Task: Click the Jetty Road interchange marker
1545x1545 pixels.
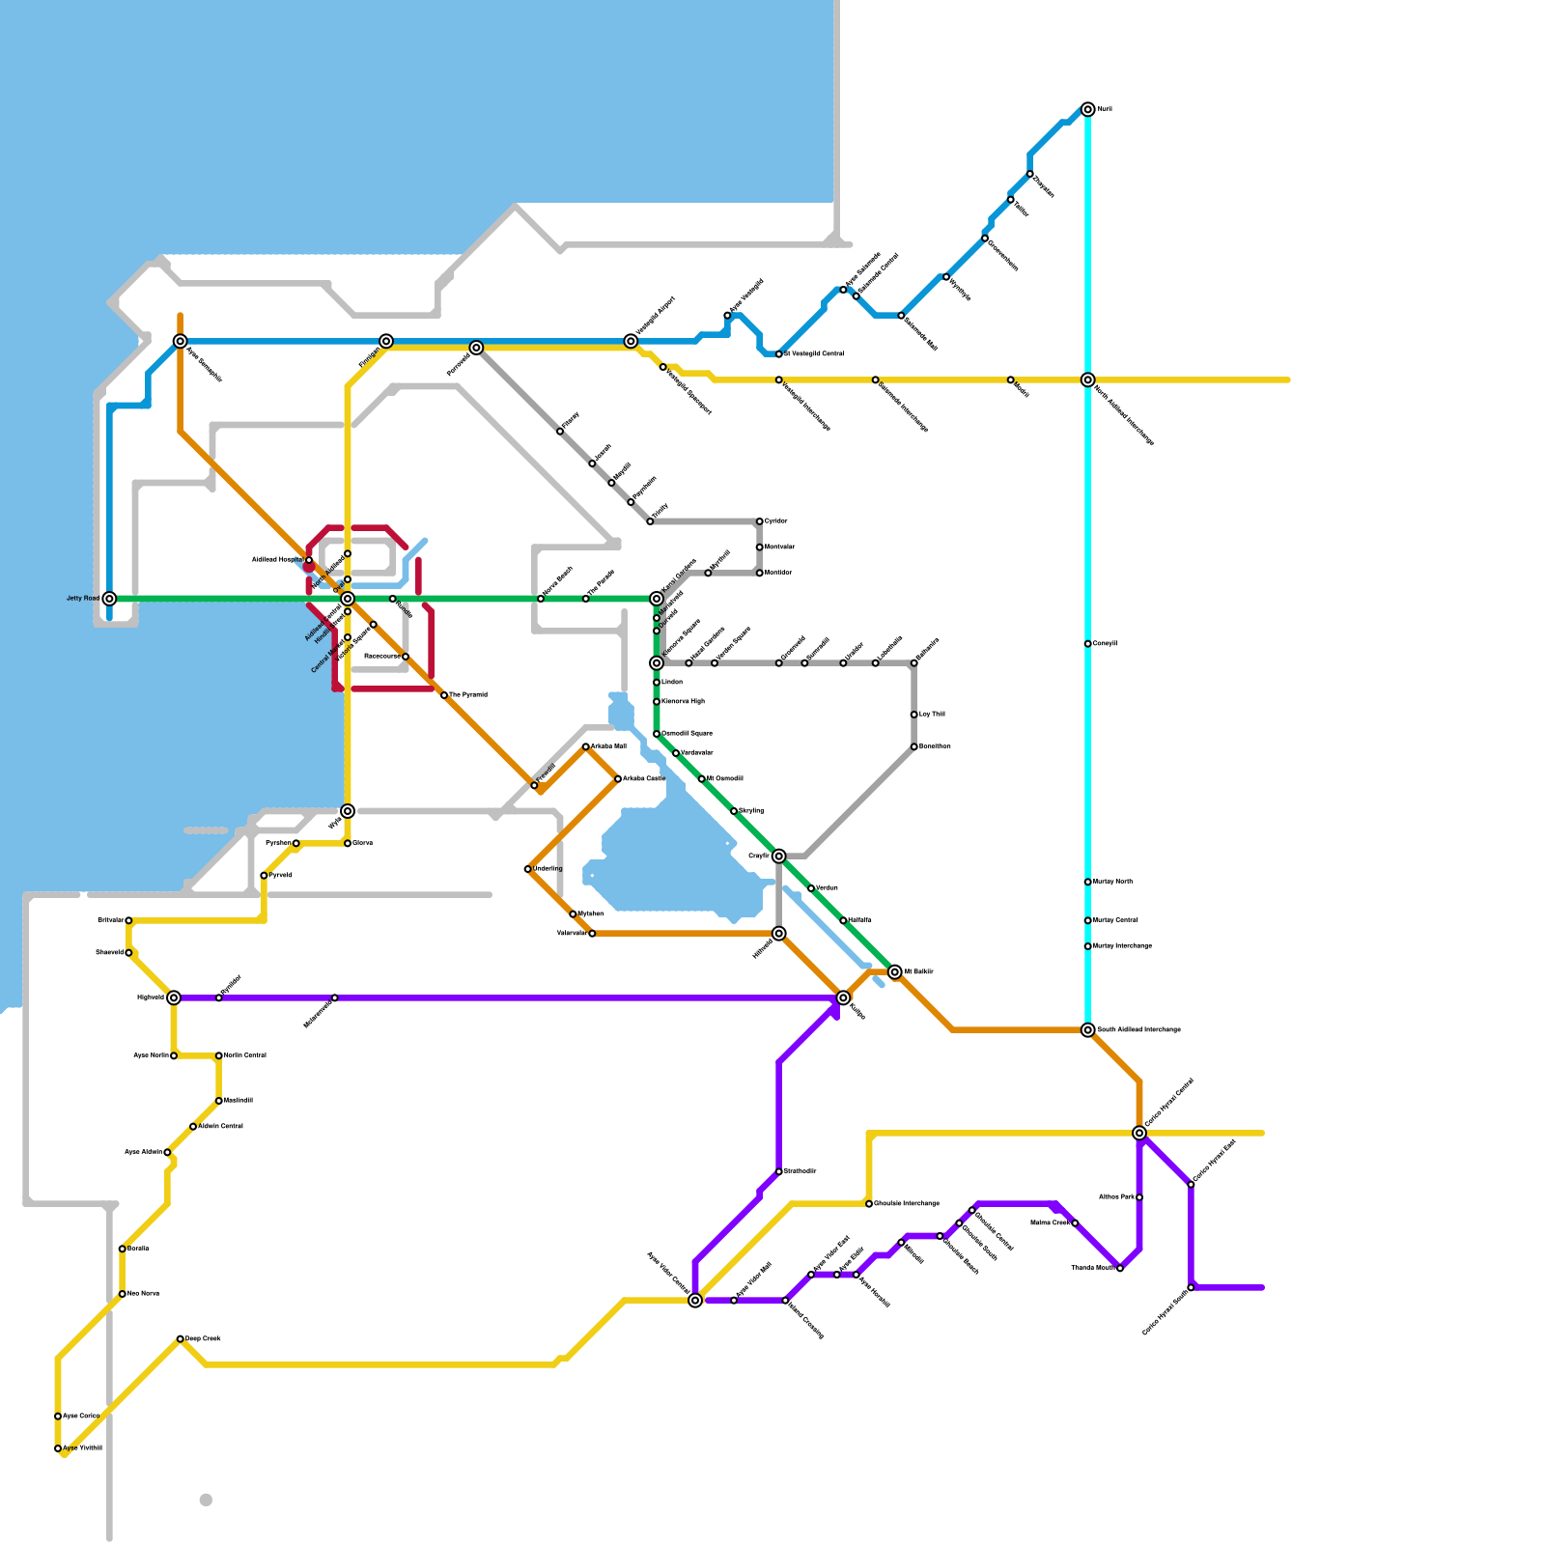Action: tap(110, 599)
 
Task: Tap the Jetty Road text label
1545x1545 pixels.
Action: tap(82, 599)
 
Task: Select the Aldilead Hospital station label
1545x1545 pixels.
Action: tap(277, 560)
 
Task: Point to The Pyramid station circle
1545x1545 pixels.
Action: tap(444, 695)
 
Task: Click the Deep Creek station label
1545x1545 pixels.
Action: tap(204, 1338)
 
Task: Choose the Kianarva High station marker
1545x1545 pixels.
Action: tap(657, 702)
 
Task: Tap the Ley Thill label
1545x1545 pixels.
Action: tap(932, 715)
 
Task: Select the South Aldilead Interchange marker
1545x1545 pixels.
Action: tap(1088, 1030)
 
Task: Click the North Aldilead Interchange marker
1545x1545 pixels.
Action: tap(1088, 379)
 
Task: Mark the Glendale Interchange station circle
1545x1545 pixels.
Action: tap(869, 1204)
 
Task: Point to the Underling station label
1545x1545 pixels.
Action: tap(548, 869)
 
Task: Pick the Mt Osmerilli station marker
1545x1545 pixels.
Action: tap(702, 779)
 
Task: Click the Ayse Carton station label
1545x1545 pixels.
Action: tap(81, 1416)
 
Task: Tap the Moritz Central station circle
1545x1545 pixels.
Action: tap(219, 1055)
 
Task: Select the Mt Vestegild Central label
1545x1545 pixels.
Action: tap(814, 354)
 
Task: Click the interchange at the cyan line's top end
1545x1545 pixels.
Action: tap(1088, 109)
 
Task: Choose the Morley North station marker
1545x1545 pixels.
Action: tap(1088, 882)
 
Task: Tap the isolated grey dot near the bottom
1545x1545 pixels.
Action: tap(206, 1500)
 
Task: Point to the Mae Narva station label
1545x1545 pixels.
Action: tap(143, 1294)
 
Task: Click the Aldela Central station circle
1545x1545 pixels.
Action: tap(193, 1127)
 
